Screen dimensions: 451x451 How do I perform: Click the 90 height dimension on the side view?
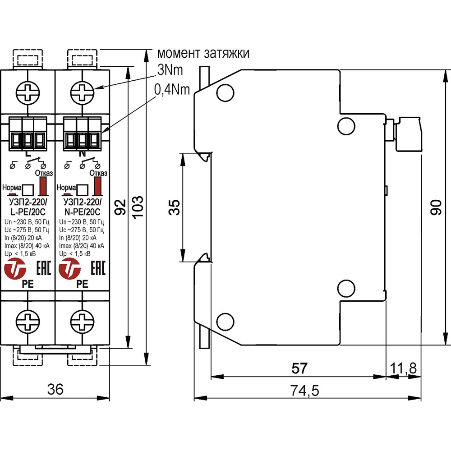pos(435,207)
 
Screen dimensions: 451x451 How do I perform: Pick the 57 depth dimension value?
pos(299,368)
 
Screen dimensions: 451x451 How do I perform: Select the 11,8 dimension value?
pos(405,368)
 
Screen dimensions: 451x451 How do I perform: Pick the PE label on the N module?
pos(83,284)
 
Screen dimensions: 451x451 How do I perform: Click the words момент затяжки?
pos(203,54)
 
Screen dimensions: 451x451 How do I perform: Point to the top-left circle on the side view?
pos(224,92)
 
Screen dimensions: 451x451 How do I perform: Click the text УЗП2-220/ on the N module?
pos(83,202)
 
